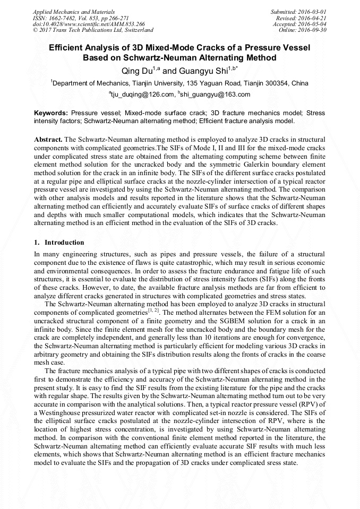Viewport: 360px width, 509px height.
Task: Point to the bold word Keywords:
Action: pos(51,114)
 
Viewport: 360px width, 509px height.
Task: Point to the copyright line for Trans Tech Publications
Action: pos(93,30)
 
